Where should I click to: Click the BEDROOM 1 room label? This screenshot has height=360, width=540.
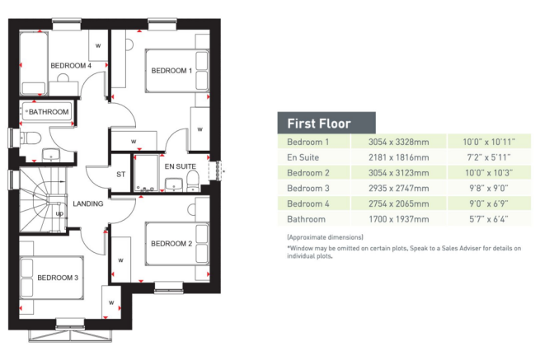[x=171, y=71]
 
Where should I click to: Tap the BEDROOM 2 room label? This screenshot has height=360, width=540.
[x=171, y=243]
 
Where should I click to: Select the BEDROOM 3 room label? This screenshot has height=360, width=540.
[x=58, y=278]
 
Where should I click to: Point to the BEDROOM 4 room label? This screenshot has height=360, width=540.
[x=70, y=65]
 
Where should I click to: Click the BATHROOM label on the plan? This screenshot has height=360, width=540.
[x=49, y=111]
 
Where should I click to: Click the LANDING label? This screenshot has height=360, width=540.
[x=87, y=204]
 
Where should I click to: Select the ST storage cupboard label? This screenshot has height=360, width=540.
[x=120, y=174]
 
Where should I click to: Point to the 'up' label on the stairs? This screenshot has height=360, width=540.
[x=59, y=213]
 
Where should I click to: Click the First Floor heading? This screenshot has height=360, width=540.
[x=318, y=124]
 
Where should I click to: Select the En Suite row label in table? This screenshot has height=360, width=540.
[x=303, y=157]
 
